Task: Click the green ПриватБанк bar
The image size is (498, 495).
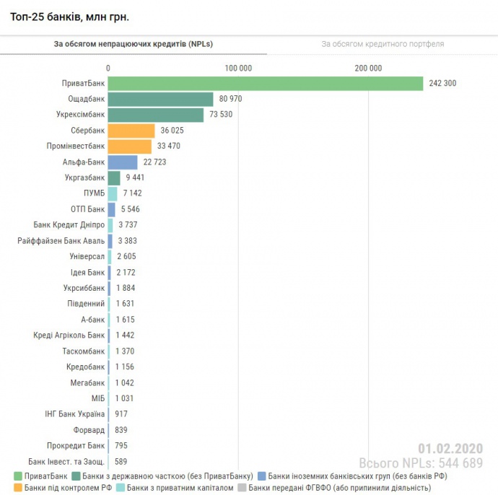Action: click(x=266, y=84)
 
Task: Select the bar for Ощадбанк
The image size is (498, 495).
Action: click(x=161, y=99)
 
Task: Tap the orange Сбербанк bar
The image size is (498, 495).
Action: click(x=131, y=131)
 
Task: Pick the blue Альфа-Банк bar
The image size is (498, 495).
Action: click(x=123, y=162)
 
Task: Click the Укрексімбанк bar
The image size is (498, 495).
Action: click(x=156, y=115)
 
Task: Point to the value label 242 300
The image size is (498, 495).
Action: click(x=442, y=84)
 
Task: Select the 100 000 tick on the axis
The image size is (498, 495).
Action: click(x=238, y=68)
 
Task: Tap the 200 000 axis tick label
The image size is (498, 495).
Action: click(x=368, y=68)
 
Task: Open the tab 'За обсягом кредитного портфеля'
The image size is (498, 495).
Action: click(x=383, y=44)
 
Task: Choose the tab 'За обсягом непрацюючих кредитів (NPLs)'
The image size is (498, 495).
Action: click(x=134, y=44)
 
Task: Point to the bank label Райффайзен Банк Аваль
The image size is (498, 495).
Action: click(x=61, y=241)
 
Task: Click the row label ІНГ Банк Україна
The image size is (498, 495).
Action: click(x=75, y=414)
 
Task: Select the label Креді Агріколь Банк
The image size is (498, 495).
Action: click(x=69, y=336)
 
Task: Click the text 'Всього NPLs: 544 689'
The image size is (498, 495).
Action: click(x=421, y=463)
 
